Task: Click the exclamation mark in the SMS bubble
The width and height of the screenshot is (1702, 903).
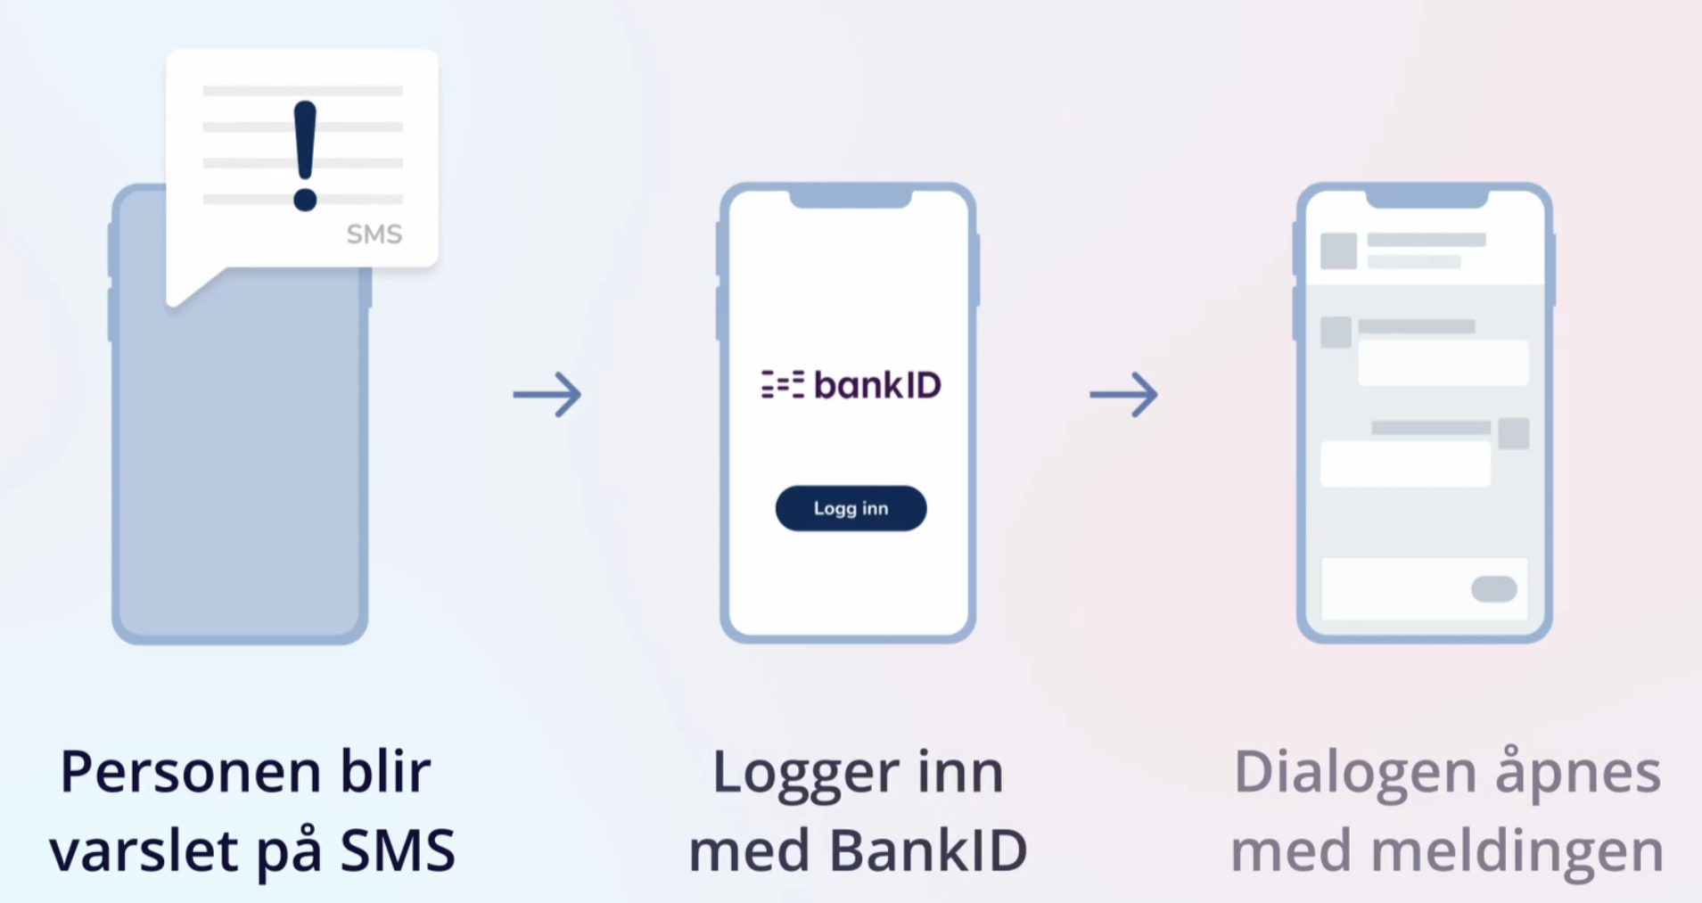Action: [305, 155]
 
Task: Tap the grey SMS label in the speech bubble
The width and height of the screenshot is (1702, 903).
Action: [374, 234]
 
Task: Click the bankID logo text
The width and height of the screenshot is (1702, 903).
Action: [877, 385]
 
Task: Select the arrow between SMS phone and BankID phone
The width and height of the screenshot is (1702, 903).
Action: [547, 394]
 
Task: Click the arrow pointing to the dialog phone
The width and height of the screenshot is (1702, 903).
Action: [1123, 394]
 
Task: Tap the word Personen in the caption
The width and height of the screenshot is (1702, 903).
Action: [190, 772]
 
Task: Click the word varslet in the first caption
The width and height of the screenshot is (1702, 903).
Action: [145, 850]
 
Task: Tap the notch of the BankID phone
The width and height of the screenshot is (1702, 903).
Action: [850, 197]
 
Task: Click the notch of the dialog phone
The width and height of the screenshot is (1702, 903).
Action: [1427, 197]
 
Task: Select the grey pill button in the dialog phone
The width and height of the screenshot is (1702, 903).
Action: [1493, 588]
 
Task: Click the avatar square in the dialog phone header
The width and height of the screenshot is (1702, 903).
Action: [1338, 250]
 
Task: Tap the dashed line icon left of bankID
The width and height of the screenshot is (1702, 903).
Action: [782, 385]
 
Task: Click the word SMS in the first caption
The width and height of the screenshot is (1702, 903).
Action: [398, 850]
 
